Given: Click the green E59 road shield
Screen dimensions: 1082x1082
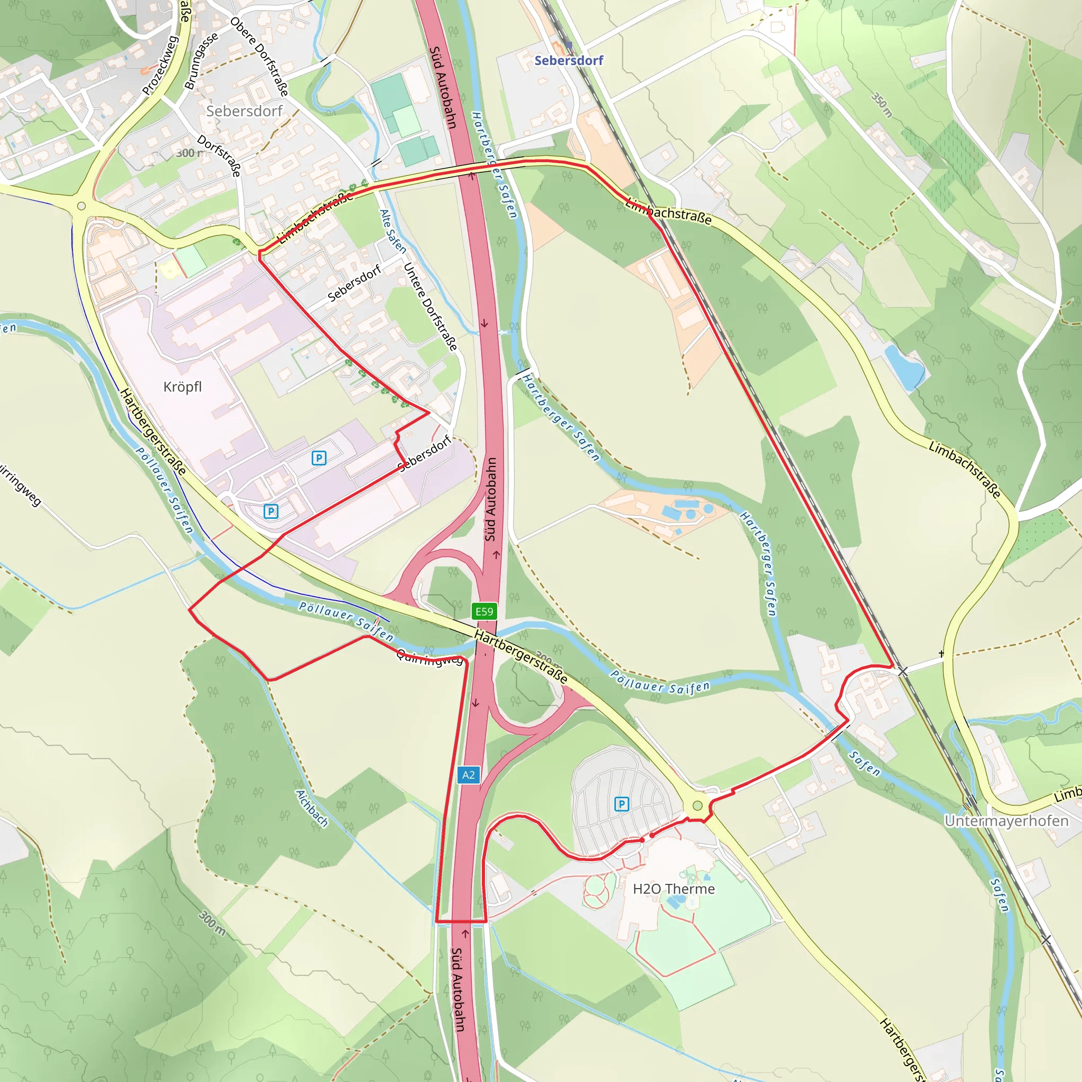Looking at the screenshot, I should click(484, 611).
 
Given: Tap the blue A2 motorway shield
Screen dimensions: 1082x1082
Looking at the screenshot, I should click(468, 775).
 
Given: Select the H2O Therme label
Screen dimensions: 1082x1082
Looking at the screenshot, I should click(674, 889).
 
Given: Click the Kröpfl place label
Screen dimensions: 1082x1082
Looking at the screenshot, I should click(183, 386).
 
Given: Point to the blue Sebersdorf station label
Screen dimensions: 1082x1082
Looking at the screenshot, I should click(568, 60).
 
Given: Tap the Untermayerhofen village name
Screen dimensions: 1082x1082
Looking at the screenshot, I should click(1006, 821).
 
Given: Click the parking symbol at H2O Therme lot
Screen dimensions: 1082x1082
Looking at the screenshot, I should click(622, 804).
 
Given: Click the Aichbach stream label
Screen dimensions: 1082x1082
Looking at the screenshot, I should click(312, 808).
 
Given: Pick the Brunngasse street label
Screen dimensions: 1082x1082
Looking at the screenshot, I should click(201, 61).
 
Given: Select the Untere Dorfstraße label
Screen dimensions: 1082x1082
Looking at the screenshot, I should click(430, 306).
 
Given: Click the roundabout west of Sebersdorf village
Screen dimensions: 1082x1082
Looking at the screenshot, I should click(81, 206).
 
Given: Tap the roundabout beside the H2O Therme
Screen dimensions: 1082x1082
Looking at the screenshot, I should click(697, 805).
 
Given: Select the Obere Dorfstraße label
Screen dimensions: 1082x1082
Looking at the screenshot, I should click(260, 57).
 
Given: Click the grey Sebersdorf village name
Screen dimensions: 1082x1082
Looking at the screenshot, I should click(244, 111).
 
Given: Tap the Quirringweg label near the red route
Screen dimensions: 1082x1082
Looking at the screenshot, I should click(430, 657).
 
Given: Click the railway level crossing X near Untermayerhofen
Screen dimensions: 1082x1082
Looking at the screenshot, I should click(902, 671).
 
